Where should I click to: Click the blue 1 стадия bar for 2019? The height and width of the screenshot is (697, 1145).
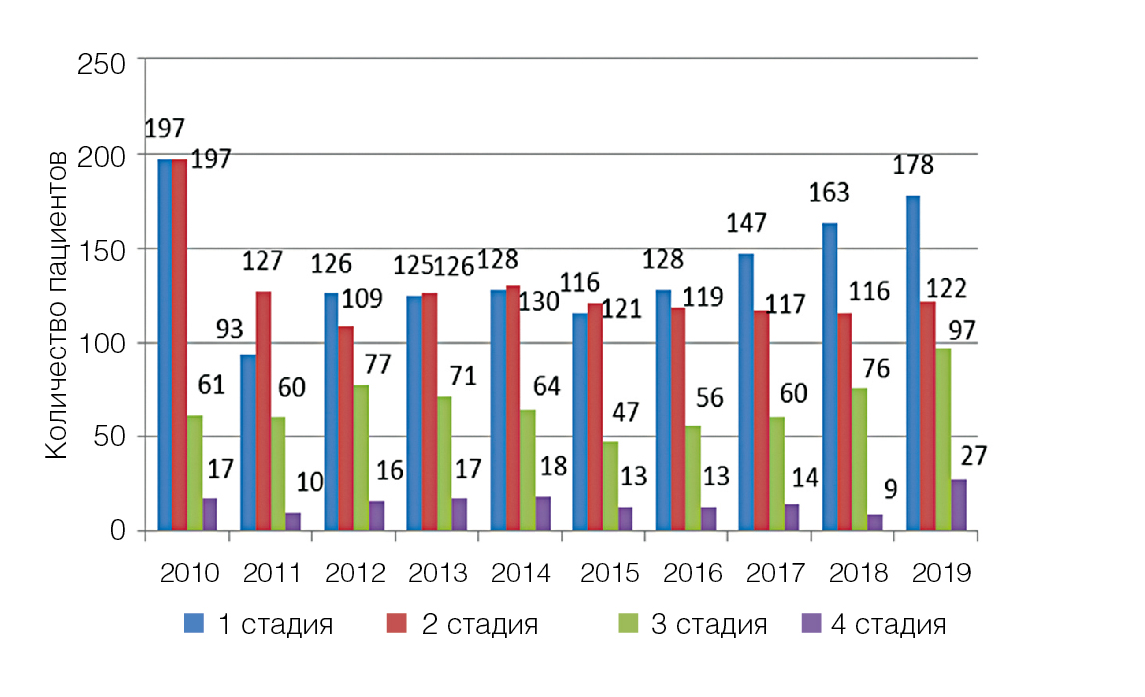[x=913, y=363]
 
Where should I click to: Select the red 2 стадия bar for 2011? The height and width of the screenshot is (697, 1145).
[x=264, y=410]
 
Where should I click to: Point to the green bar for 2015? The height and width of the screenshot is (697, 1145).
[x=609, y=486]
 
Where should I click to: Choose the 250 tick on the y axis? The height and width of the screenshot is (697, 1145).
[x=104, y=63]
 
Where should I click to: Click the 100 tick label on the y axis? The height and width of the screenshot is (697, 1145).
[x=104, y=344]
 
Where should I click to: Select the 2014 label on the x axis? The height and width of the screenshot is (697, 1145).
[x=521, y=574]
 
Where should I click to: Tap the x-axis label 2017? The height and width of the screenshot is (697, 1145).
[x=769, y=574]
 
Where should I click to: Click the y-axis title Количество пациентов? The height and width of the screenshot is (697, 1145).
[x=58, y=305]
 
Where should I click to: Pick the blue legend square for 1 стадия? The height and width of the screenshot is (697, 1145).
[x=193, y=625]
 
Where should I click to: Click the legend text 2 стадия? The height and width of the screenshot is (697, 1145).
[x=481, y=626]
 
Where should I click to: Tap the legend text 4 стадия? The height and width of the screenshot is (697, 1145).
[x=888, y=626]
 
